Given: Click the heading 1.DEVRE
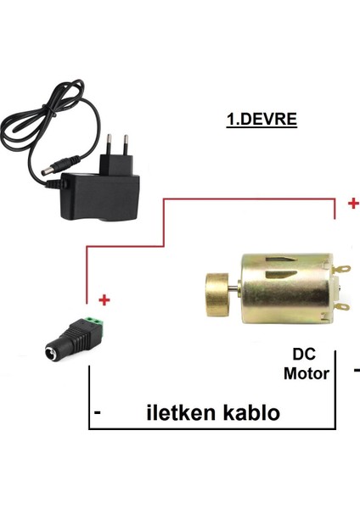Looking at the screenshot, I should pos(261,120).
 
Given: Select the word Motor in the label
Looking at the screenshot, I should pos(307,372).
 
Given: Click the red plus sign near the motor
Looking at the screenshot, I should pos(352,204).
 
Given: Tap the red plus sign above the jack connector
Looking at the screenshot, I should pos(105,300).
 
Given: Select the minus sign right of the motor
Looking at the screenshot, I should pos(356,370).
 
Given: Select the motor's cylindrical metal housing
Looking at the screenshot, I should pos(284,288).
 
